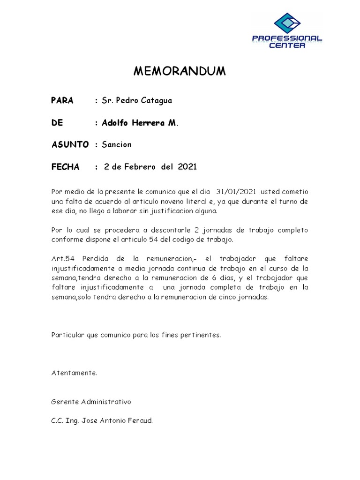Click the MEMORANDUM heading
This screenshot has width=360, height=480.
(180, 71)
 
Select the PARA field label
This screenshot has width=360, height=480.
(62, 101)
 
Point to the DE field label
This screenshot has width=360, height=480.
(57, 123)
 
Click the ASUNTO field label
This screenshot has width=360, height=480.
(70, 144)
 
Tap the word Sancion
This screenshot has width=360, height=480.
(117, 144)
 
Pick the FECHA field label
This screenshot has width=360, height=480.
(66, 167)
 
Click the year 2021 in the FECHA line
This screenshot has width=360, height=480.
(187, 167)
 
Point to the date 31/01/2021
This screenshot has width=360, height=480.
(236, 192)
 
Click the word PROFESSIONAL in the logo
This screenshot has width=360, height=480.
(287, 38)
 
